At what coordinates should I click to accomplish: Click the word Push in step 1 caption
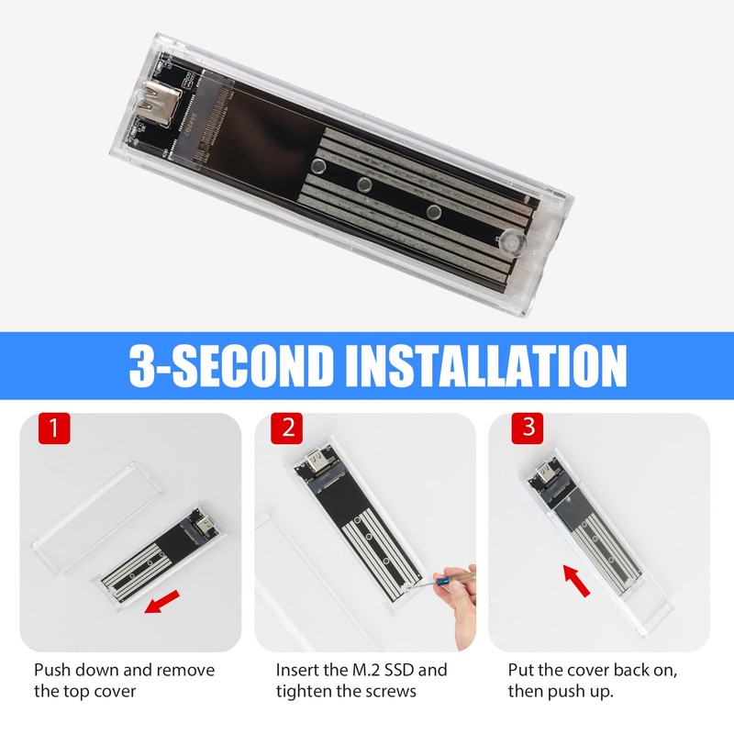click(x=53, y=670)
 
